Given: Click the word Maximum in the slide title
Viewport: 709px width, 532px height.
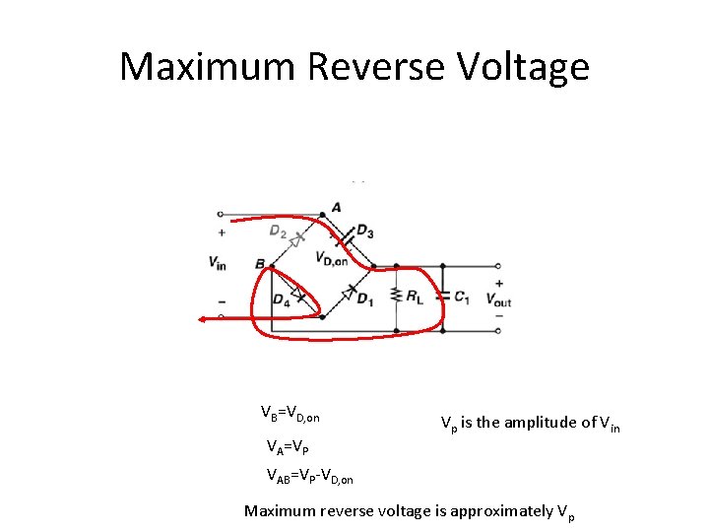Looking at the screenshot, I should [208, 67].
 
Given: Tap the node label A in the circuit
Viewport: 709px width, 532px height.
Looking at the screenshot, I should [337, 207].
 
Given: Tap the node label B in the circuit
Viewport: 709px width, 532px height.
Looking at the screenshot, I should [259, 264].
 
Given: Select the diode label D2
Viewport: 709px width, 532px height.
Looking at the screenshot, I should [277, 231].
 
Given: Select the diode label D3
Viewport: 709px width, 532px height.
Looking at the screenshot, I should [365, 232].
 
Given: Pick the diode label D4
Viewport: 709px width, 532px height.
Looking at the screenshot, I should [281, 299].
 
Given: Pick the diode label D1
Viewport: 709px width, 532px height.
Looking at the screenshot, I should [364, 299].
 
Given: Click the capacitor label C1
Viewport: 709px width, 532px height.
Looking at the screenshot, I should [464, 295].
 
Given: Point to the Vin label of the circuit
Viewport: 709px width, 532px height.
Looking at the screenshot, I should [218, 262].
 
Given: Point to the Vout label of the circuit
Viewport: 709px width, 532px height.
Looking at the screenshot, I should [498, 300].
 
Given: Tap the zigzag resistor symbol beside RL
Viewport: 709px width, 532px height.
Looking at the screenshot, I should [396, 295].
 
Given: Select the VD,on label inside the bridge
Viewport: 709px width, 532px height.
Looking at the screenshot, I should [332, 259].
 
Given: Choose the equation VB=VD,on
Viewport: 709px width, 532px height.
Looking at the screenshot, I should [290, 413].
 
